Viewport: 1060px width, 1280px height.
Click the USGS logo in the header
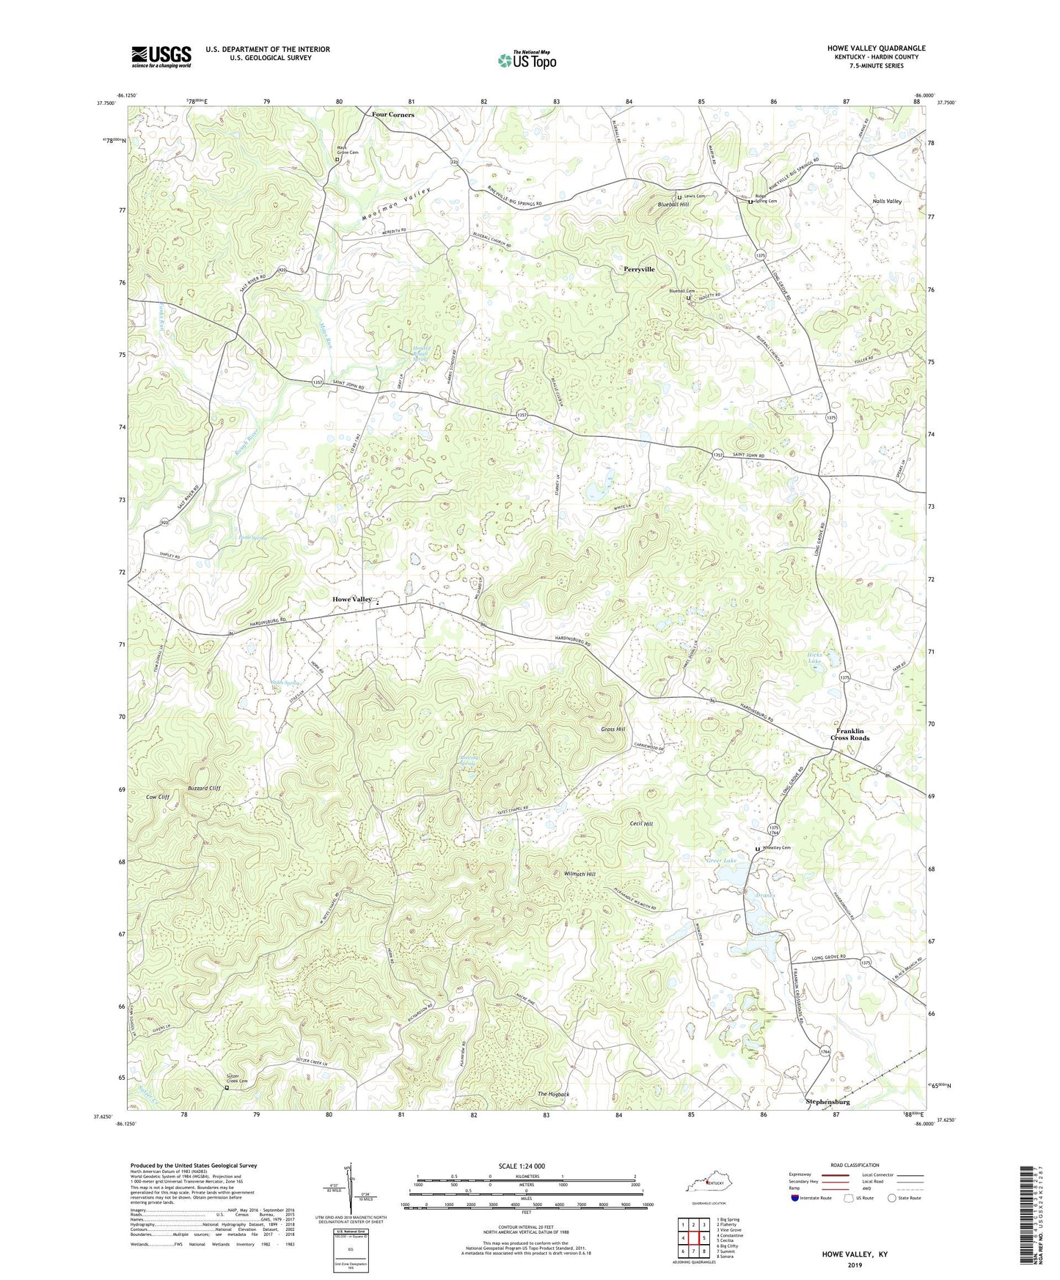[161, 56]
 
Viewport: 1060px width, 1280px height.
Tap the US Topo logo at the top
[527, 60]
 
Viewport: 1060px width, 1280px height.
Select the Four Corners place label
[392, 115]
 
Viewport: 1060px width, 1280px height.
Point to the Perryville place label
[639, 269]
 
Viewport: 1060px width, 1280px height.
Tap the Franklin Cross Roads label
[849, 735]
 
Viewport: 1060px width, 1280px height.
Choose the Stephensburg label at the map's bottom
[827, 1101]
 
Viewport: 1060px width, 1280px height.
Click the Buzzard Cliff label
[204, 788]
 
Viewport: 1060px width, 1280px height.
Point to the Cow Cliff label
[158, 797]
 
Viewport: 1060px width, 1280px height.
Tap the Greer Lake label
[721, 861]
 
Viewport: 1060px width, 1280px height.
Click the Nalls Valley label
[887, 201]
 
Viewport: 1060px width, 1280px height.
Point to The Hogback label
[553, 1095]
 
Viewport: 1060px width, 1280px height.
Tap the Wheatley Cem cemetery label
[777, 848]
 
